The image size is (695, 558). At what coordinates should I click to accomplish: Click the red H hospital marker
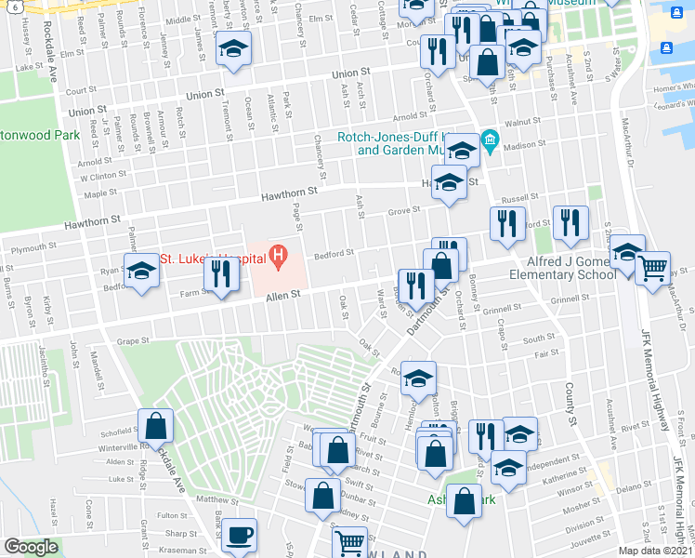click(x=277, y=254)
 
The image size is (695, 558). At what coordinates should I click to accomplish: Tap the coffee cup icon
click(x=239, y=536)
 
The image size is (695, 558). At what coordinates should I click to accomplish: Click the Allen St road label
click(x=284, y=295)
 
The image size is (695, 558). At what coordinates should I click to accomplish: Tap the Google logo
click(x=31, y=547)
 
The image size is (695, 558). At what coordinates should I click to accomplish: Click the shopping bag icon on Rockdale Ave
click(x=155, y=425)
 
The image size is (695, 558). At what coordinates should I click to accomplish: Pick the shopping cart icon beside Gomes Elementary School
click(x=652, y=268)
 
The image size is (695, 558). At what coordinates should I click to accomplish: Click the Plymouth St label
click(x=33, y=248)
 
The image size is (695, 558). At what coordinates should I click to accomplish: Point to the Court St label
click(x=82, y=91)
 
